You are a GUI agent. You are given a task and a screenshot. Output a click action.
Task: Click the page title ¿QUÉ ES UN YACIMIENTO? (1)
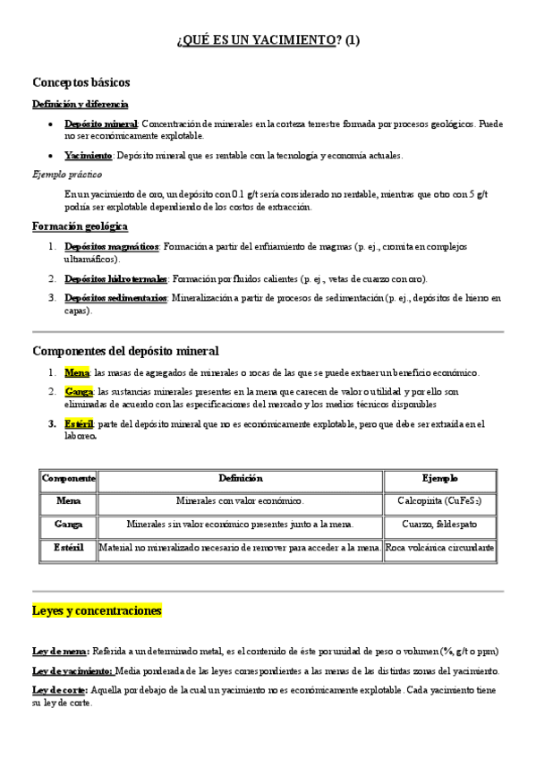268,40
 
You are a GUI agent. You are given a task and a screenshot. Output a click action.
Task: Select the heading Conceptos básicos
81,82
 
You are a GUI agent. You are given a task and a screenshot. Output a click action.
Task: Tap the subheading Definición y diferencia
81,104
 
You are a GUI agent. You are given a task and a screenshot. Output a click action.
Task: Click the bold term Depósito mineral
101,124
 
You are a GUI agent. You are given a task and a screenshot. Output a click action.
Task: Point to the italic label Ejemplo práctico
67,174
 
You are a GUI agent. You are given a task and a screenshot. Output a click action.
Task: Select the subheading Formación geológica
80,226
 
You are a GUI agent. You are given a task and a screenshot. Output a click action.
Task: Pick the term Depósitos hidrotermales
116,278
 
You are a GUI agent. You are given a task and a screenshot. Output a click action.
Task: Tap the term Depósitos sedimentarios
116,298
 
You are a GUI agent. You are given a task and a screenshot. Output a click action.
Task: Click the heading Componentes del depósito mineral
125,351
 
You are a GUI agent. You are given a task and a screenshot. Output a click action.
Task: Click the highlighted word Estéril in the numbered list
79,423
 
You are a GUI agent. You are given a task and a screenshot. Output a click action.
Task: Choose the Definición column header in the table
240,479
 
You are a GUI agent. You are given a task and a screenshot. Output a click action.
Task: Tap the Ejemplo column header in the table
439,479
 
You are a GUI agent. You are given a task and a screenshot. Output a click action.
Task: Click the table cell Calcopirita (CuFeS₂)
439,501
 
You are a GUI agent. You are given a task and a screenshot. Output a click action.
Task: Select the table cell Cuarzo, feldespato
439,524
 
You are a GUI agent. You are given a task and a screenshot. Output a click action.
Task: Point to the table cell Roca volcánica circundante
439,547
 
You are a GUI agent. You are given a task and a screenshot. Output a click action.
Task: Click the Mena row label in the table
69,501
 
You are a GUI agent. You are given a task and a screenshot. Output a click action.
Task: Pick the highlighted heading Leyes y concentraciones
97,611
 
